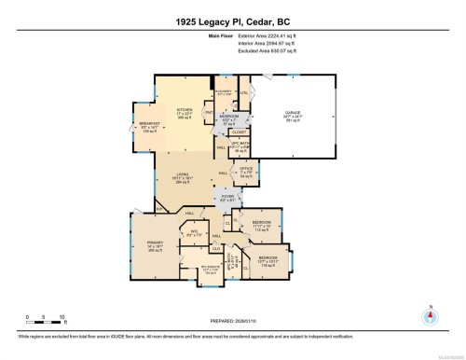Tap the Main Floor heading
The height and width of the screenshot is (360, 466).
coord(233,37)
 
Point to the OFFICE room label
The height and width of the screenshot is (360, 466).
coord(247,171)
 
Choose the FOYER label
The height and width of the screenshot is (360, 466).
coord(227,197)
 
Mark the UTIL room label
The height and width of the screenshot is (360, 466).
coord(245,93)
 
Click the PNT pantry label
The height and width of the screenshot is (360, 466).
coord(210,113)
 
